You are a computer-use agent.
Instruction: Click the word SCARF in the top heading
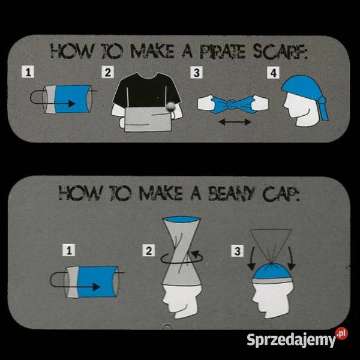[280, 51]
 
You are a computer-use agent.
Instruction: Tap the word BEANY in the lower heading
[232, 193]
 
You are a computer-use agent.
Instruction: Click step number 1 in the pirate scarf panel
[28, 72]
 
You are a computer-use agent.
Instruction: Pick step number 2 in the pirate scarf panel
[107, 72]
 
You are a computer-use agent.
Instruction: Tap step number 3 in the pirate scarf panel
[197, 73]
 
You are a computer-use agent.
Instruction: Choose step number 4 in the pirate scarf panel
[273, 73]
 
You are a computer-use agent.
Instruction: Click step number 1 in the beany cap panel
[69, 250]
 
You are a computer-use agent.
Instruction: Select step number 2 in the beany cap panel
[149, 250]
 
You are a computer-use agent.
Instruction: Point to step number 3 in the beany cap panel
[238, 250]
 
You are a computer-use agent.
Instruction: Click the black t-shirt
[146, 91]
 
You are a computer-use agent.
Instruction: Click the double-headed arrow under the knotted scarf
[235, 122]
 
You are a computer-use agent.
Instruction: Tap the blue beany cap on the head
[272, 272]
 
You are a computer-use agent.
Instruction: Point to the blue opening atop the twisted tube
[182, 219]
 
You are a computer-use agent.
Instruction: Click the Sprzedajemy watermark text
[291, 340]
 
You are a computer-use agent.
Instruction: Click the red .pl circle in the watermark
[341, 333]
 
